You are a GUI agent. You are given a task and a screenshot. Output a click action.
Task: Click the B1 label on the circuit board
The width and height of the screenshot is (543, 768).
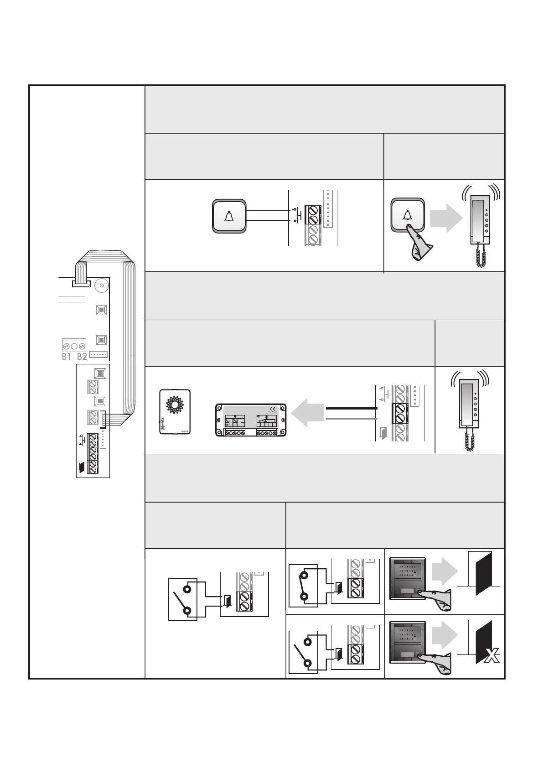[67, 357]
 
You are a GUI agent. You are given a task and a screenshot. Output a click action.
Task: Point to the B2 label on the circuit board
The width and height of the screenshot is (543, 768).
[82, 357]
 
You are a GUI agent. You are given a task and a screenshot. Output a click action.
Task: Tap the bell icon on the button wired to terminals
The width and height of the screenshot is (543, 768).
[229, 216]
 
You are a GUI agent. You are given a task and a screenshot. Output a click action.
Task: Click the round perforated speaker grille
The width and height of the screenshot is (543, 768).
[175, 404]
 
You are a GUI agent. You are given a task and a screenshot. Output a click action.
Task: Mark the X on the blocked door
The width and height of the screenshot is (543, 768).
[491, 657]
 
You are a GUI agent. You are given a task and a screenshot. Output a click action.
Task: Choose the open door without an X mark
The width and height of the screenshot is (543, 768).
[483, 574]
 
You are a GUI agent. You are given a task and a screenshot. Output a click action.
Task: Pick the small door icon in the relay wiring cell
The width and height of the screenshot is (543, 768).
[383, 431]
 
